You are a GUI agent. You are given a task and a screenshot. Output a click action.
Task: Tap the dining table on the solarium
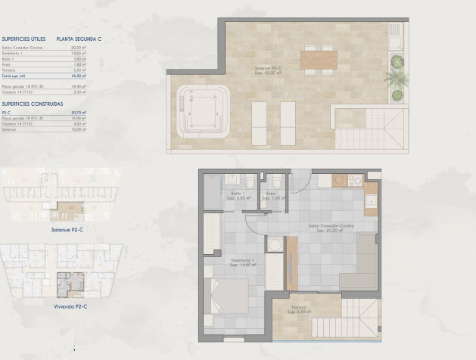point(317,58)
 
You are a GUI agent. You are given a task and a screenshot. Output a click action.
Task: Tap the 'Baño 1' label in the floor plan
point(235,194)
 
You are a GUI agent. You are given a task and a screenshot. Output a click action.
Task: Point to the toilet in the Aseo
point(277,182)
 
